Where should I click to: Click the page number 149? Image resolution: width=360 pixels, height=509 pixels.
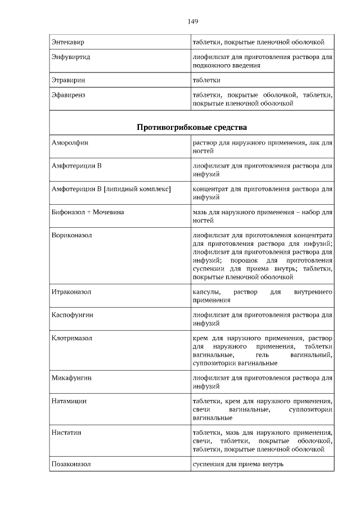pyautogui.click(x=192, y=21)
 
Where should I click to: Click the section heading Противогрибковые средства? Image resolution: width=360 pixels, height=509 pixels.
pyautogui.click(x=192, y=127)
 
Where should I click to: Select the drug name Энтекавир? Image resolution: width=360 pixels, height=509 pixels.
pyautogui.click(x=68, y=42)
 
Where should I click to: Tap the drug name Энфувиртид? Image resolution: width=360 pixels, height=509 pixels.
pyautogui.click(x=71, y=57)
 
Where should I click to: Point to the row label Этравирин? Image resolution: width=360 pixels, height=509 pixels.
pyautogui.click(x=69, y=80)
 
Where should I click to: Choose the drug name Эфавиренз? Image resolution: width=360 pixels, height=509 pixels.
pyautogui.click(x=69, y=96)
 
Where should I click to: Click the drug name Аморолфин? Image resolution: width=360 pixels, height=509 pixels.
pyautogui.click(x=70, y=143)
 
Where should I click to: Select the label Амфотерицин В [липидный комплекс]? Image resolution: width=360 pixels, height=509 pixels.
pyautogui.click(x=111, y=190)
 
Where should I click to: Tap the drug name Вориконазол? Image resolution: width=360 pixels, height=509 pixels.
pyautogui.click(x=71, y=236)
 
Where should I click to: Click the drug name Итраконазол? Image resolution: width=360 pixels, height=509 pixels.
pyautogui.click(x=71, y=292)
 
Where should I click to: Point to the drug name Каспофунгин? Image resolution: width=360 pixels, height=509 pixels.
pyautogui.click(x=72, y=315)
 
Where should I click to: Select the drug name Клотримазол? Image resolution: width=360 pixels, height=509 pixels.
pyautogui.click(x=71, y=338)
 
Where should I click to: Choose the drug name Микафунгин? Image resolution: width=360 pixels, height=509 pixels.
pyautogui.click(x=71, y=378)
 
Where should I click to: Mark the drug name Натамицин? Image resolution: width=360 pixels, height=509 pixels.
pyautogui.click(x=69, y=402)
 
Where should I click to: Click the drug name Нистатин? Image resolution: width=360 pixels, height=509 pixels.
pyautogui.click(x=66, y=433)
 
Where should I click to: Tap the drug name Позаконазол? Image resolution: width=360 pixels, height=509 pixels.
pyautogui.click(x=71, y=464)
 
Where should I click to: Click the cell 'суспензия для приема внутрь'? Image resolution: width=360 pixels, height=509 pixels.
pyautogui.click(x=238, y=464)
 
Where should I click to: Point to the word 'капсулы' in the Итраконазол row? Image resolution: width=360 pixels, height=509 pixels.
pyautogui.click(x=205, y=292)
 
